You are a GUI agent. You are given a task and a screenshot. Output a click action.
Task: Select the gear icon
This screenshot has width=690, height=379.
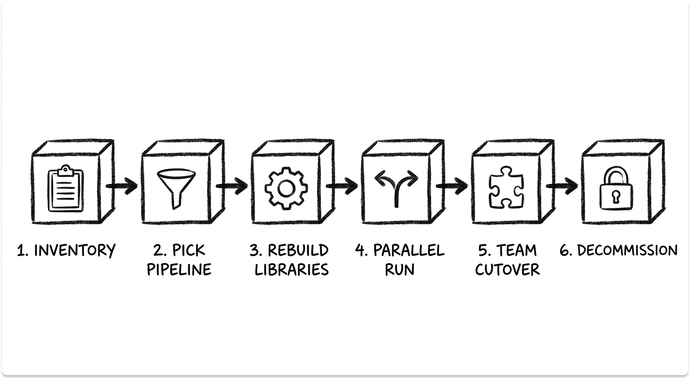point(286,189)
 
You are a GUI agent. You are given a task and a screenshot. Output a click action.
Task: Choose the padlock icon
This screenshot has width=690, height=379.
point(616,189)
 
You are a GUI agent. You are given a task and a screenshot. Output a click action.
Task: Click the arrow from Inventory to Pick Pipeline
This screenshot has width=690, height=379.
point(122,186)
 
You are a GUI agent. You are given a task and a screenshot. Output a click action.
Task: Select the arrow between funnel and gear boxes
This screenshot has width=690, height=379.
point(232,186)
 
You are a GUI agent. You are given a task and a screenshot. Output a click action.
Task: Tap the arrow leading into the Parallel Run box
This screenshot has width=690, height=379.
point(342,186)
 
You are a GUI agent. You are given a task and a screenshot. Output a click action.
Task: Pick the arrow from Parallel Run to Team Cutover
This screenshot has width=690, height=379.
point(452,186)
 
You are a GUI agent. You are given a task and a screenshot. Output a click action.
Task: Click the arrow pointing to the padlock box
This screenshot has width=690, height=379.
point(562,186)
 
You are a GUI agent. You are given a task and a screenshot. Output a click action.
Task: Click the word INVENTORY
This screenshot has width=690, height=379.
point(75,250)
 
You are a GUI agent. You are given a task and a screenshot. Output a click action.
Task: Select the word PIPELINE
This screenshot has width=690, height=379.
point(179,269)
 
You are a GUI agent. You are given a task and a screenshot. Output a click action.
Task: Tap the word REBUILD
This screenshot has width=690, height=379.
point(298,250)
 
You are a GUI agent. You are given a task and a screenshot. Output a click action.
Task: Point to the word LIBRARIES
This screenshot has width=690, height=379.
point(292,269)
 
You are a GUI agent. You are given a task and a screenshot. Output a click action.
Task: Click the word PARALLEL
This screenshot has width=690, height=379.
point(409,250)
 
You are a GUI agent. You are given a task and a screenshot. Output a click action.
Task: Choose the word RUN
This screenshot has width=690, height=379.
point(399,269)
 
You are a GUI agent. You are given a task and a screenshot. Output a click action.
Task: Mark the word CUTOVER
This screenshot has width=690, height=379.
point(507,269)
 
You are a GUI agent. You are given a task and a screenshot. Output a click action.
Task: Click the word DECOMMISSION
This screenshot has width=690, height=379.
point(628,250)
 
